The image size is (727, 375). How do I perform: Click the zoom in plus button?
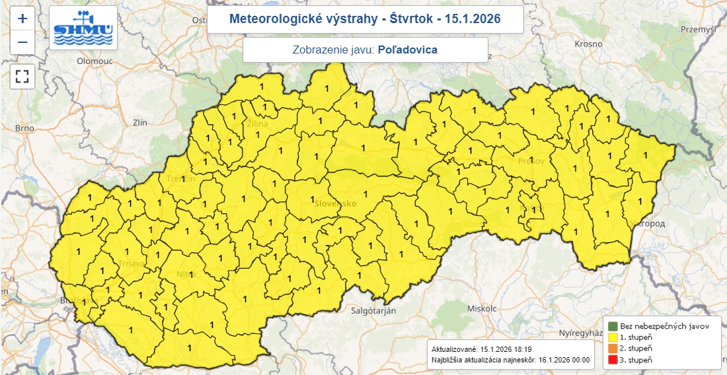coord(22,18)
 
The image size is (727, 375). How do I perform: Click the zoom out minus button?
coord(22,42)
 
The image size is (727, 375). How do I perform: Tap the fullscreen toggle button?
coord(22,75)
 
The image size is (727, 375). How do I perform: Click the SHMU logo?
coord(83,28)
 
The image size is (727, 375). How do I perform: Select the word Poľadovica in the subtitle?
coord(408,50)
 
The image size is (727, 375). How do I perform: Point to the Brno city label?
coord(24,128)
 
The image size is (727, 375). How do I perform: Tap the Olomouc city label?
coord(95,60)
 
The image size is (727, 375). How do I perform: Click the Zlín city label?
coord(140,122)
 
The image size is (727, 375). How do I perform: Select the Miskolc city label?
coord(481,308)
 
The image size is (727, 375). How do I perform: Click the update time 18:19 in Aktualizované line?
coord(521,349)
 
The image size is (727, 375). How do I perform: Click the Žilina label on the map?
coord(257,123)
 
